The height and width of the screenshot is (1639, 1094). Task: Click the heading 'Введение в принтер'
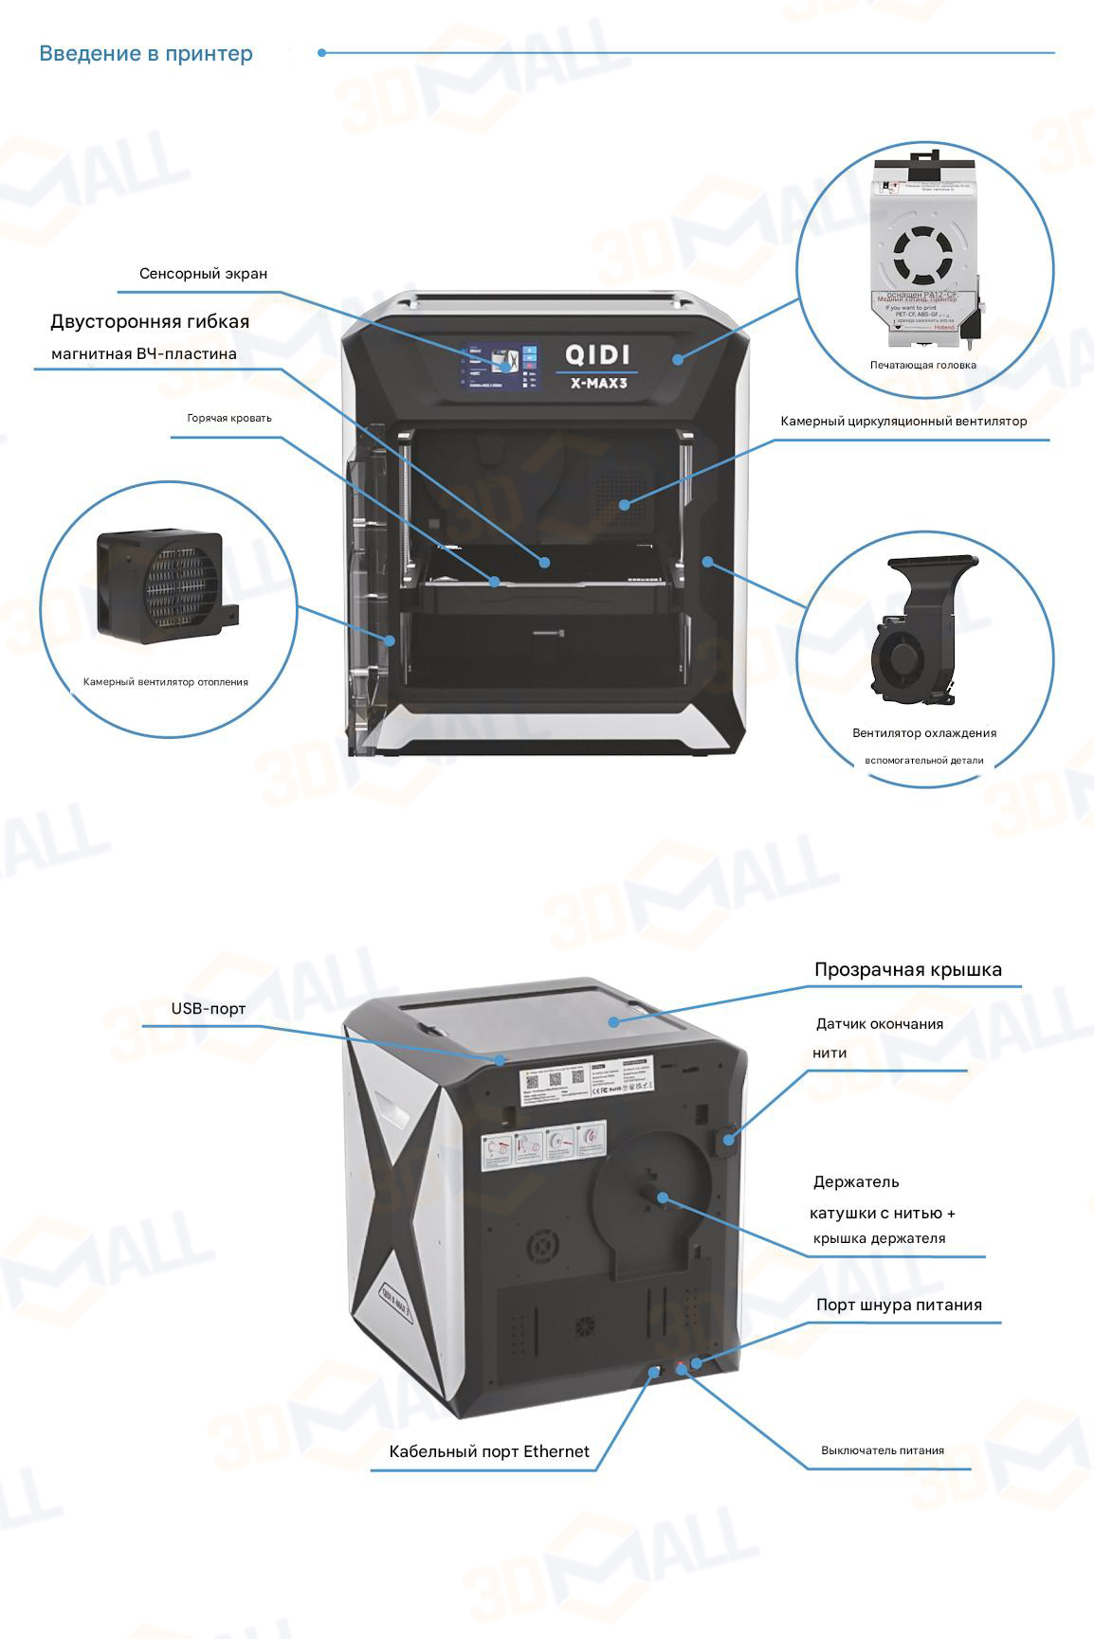coord(146,53)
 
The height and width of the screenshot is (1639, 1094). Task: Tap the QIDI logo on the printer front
coord(597,354)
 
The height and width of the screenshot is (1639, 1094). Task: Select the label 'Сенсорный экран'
coord(203,274)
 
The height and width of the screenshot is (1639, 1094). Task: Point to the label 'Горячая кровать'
coord(229,418)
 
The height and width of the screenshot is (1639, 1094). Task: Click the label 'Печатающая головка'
coord(922,365)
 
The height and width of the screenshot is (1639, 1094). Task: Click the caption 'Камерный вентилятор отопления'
coord(166,681)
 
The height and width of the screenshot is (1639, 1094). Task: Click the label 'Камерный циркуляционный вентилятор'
coord(903,421)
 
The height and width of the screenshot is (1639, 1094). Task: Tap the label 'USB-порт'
coord(209,1008)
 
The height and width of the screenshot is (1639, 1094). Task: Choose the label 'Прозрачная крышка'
coord(907,969)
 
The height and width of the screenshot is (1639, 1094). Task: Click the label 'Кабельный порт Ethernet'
coord(489,1451)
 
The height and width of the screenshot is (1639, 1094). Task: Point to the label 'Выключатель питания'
coord(882,1450)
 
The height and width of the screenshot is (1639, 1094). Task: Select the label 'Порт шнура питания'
coord(899,1305)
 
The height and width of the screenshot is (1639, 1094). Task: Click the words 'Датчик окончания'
coord(880,1024)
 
